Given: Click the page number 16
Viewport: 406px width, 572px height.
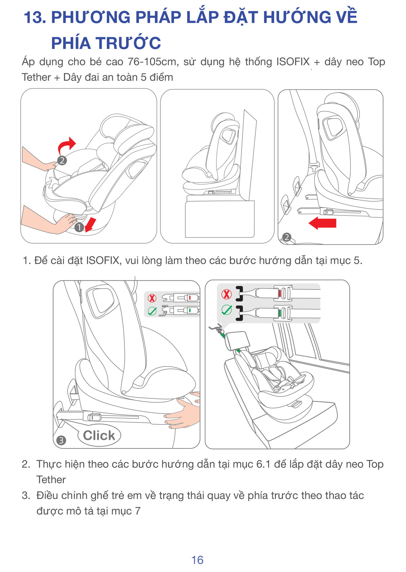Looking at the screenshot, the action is tap(197, 560).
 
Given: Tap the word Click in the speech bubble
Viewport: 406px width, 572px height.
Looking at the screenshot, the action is tap(99, 435).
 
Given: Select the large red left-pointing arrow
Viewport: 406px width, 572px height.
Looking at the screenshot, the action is tap(322, 223).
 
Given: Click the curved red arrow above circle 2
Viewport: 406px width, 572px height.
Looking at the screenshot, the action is tap(67, 145).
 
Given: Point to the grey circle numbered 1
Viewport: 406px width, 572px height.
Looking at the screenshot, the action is tap(79, 227).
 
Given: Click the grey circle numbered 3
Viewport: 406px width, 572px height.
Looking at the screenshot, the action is tap(61, 440).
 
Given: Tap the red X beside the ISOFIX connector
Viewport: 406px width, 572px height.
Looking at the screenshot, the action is tap(152, 298).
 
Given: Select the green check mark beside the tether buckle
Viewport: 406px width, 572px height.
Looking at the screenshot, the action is tap(226, 310).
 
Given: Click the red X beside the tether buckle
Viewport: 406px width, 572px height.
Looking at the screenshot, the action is tap(226, 294).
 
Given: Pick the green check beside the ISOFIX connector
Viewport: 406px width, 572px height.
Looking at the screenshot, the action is tap(152, 311).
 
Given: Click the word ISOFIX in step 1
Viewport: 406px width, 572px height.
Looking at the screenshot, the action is tap(104, 260).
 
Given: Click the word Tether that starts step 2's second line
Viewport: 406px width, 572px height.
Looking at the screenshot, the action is tap(51, 480).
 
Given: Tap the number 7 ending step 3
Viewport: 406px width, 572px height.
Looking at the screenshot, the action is tap(138, 511).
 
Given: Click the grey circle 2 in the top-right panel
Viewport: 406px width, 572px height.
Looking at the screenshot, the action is tap(287, 237).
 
